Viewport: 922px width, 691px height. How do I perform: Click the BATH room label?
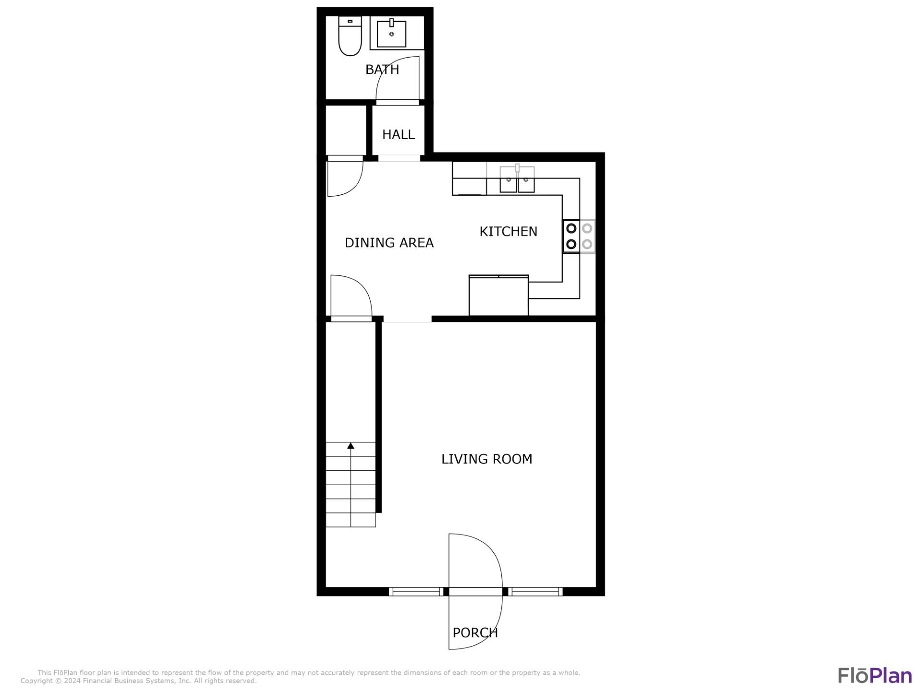tap(382, 70)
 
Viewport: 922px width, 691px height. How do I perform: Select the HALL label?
tap(398, 134)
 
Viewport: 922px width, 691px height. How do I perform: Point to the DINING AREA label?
tap(389, 243)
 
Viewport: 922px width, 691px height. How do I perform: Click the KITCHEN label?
tap(508, 232)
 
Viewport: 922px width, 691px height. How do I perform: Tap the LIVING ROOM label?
tap(486, 459)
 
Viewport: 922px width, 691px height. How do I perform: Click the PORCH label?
tap(475, 633)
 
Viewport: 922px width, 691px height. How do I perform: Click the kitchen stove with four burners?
tap(579, 236)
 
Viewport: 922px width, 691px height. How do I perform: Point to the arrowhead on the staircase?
tap(351, 446)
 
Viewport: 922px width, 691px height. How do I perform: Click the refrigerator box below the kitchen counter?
tap(498, 296)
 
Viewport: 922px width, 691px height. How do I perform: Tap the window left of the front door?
tap(416, 592)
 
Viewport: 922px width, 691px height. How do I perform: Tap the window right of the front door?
tap(535, 592)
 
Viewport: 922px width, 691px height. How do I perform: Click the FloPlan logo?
tap(874, 675)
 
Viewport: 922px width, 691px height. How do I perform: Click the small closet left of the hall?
tap(346, 130)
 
